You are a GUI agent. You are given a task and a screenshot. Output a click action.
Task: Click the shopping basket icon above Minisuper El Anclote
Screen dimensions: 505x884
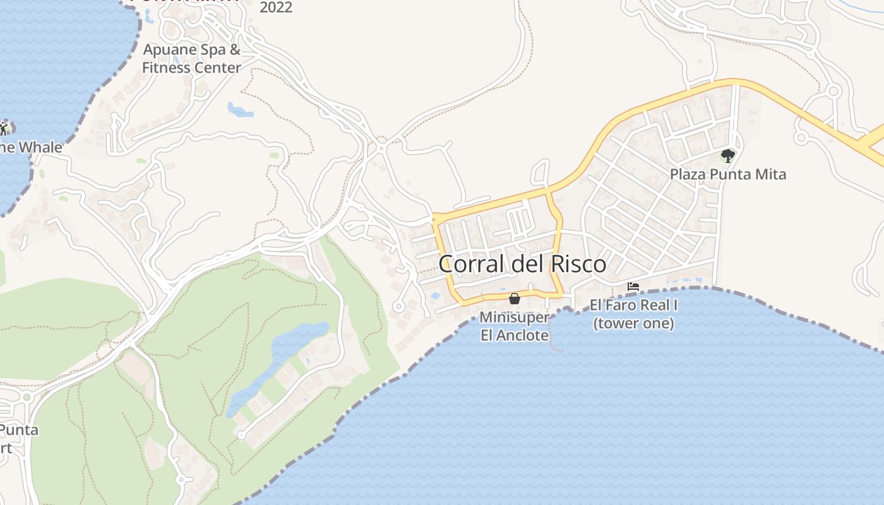515,298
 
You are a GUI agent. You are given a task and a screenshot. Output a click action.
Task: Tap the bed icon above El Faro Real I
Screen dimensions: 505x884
633,287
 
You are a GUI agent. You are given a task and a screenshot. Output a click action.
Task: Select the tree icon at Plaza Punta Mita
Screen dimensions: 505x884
727,155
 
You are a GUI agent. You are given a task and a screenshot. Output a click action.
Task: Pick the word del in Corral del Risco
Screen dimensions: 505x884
524,264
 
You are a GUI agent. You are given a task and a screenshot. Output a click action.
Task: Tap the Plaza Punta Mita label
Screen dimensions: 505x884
727,174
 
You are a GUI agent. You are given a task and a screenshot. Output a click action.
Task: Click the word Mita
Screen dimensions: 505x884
770,174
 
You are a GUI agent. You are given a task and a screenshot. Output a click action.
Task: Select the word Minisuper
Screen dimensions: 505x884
514,317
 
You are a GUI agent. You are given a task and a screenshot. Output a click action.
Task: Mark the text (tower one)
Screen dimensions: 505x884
633,324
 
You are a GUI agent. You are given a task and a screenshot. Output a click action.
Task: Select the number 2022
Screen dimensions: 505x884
276,8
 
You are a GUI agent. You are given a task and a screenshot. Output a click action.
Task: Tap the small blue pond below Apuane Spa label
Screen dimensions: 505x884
239,110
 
